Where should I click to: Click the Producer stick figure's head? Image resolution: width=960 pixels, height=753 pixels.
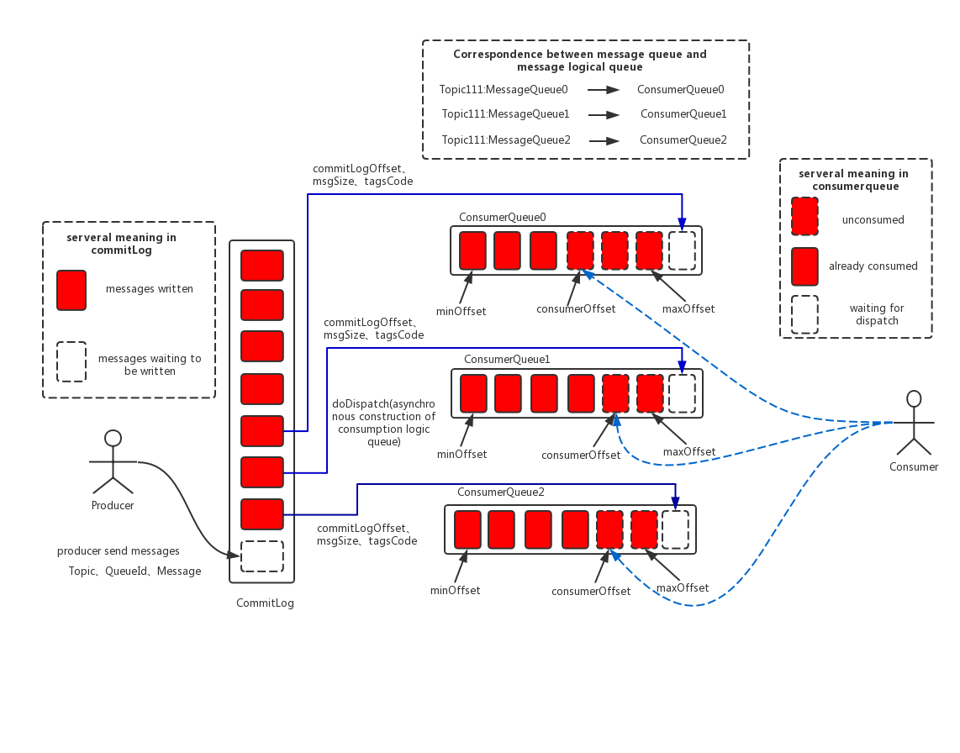pos(113,438)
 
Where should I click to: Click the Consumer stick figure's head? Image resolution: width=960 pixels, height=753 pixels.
pos(914,398)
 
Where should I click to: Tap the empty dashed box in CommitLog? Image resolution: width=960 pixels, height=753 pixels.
pos(261,556)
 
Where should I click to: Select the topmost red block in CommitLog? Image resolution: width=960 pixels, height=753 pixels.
pos(261,265)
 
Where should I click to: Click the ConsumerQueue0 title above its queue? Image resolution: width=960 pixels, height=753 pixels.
pos(502,217)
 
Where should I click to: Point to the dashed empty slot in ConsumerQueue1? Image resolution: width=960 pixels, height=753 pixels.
pos(682,393)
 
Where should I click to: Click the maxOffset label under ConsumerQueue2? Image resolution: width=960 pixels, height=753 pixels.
pos(682,587)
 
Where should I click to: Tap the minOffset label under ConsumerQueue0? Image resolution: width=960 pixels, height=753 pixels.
pos(461,311)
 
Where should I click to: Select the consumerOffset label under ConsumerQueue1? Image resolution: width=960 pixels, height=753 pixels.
pos(580,455)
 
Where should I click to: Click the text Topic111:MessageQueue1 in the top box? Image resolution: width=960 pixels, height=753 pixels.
pos(505,113)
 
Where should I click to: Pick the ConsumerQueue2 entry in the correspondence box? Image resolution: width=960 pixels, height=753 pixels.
pos(683,140)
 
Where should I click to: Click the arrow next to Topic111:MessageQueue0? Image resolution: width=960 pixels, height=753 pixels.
pos(603,89)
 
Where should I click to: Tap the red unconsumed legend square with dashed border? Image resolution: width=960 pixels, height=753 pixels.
pos(804,215)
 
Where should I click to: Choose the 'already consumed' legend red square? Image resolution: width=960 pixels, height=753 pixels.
pos(804,266)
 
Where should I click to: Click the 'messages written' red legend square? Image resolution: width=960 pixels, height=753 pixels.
pos(71,290)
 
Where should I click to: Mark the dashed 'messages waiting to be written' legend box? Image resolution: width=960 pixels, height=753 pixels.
pos(71,361)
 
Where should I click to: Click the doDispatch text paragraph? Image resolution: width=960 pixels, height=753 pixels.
pos(383,423)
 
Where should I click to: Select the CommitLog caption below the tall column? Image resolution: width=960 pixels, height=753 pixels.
pos(265,603)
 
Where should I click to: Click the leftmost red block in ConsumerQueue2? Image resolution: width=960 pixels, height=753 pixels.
pos(467,529)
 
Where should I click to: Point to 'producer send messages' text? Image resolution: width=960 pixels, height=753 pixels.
pos(119,551)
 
